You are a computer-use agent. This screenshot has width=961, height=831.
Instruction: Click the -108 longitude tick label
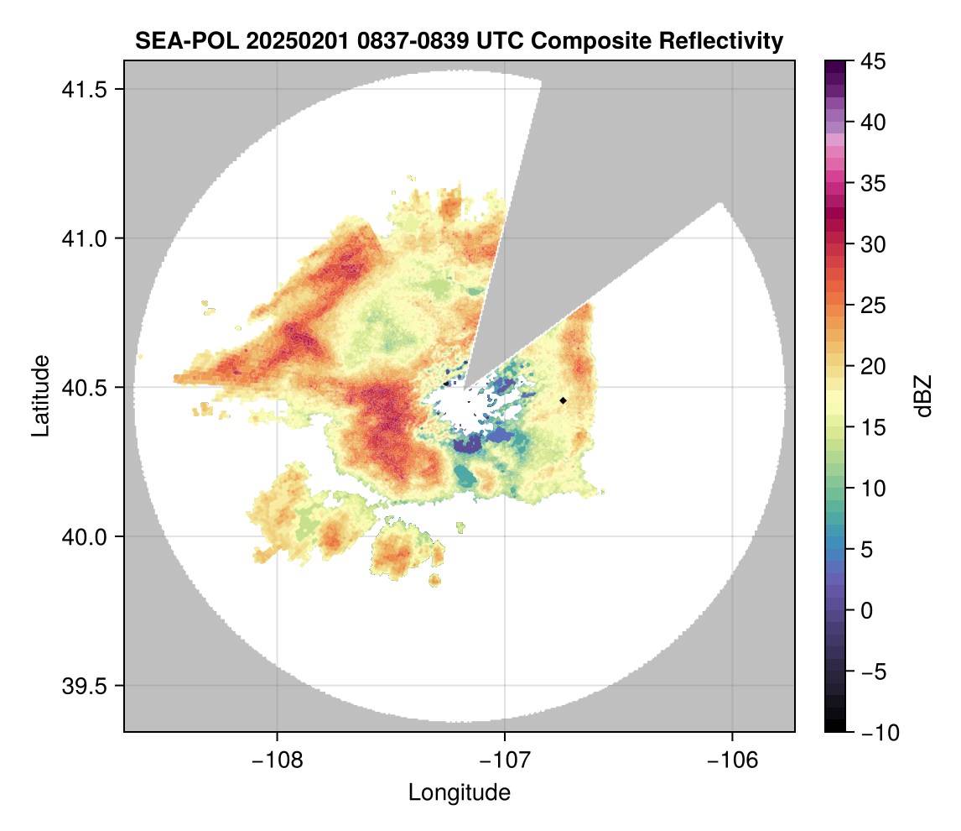pos(276,760)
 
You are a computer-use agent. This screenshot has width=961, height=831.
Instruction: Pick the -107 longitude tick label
pos(505,760)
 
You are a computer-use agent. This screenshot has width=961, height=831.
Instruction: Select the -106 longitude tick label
pos(733,760)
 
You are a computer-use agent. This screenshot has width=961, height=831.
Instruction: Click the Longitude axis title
pos(459,792)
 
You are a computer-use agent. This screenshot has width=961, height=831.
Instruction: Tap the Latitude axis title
pos(39,395)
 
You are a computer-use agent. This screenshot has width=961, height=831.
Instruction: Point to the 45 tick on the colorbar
pos(872,61)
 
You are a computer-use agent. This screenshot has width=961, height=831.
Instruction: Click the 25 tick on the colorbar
pos(872,305)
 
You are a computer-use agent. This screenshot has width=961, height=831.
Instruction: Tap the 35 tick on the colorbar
pos(872,183)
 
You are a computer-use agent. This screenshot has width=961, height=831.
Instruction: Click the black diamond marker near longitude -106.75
pos(563,400)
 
